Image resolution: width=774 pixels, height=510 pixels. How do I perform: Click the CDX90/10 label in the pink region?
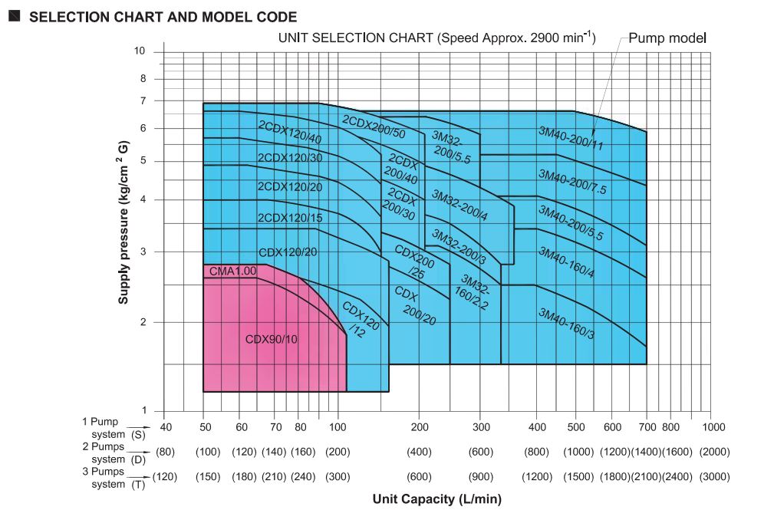click(x=271, y=339)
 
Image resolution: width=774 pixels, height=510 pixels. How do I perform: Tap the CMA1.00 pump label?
click(x=232, y=271)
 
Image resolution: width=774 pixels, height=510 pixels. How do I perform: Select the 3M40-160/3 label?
click(x=567, y=323)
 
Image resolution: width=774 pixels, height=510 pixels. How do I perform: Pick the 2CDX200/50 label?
click(x=374, y=127)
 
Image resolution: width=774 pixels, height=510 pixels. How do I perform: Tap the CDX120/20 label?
click(x=288, y=252)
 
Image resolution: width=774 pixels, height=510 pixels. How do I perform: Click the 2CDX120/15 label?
click(x=289, y=218)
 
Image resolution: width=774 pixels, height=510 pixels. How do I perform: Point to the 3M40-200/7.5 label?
click(x=571, y=182)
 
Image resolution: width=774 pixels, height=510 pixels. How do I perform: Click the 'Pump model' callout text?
click(x=667, y=38)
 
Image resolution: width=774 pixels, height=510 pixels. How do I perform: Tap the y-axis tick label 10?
click(x=139, y=51)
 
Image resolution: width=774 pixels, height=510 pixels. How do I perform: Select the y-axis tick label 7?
click(x=142, y=100)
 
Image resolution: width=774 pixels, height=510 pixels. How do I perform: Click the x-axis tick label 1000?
click(x=713, y=426)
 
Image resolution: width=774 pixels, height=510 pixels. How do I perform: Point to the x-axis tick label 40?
click(x=165, y=426)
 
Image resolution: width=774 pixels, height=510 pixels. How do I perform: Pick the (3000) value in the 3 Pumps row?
click(x=713, y=477)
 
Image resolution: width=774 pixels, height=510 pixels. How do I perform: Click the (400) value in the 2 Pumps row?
click(x=419, y=452)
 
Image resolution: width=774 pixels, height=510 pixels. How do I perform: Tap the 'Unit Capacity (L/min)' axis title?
click(x=437, y=499)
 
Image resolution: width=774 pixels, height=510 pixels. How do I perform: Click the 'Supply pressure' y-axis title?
click(x=124, y=223)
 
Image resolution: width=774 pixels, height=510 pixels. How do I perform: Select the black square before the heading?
click(x=14, y=15)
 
